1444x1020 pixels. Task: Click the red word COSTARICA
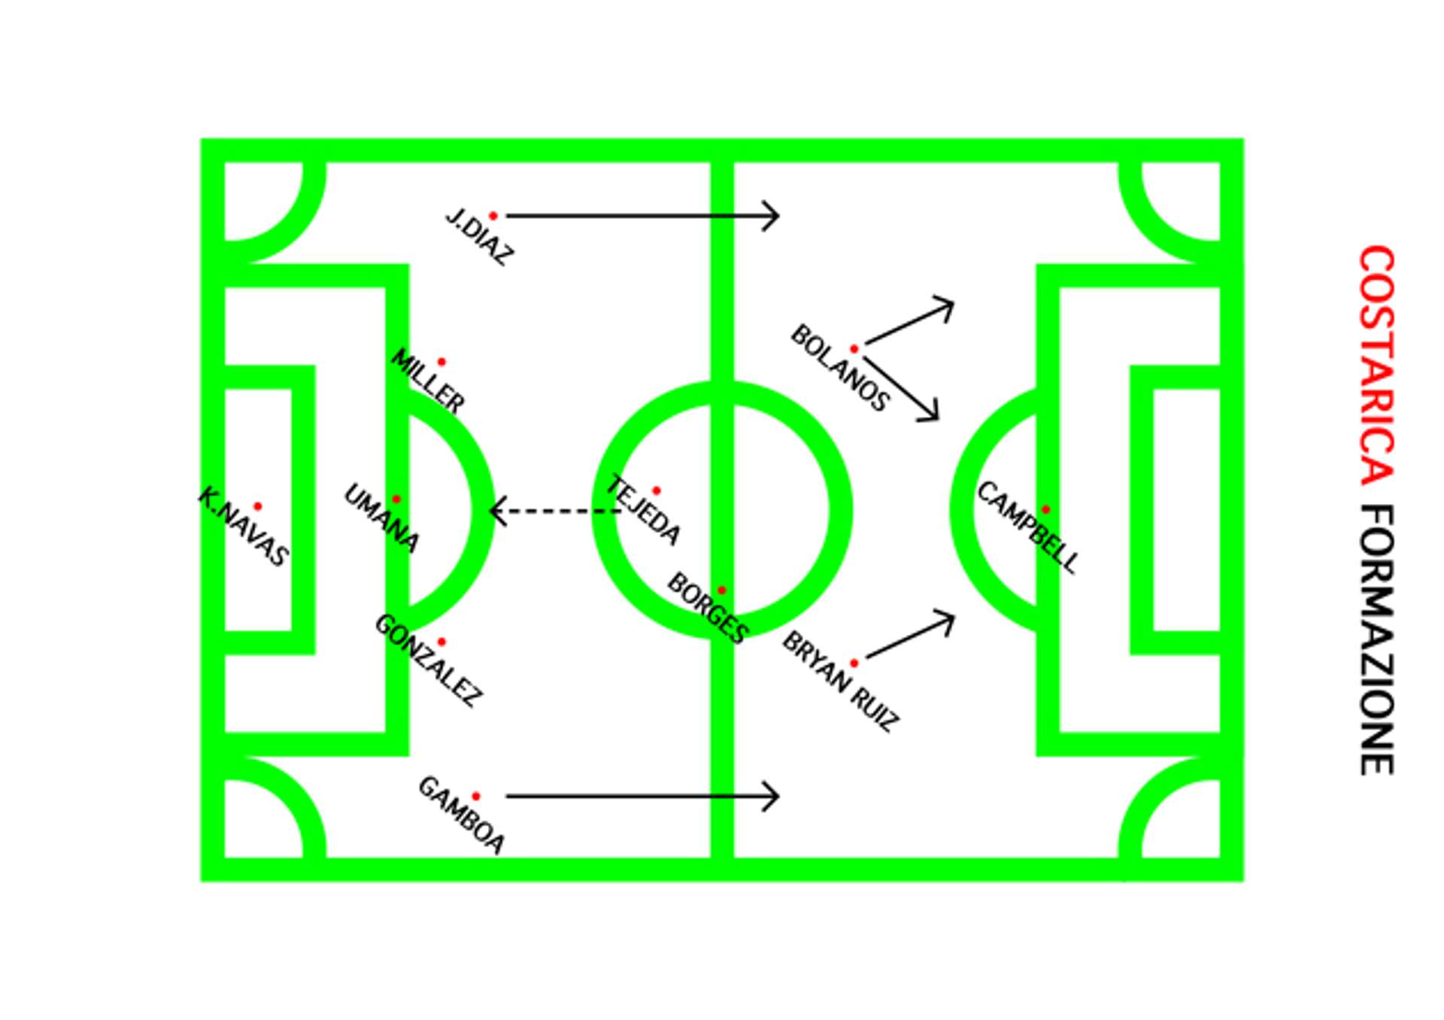[x=1377, y=366]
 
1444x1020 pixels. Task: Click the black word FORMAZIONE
[x=1377, y=640]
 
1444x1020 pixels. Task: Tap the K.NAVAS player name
[x=243, y=527]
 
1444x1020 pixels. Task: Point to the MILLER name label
[x=427, y=380]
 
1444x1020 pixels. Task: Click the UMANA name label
[x=381, y=518]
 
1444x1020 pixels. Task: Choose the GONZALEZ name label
[x=427, y=660]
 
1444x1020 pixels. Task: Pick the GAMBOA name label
[x=461, y=815]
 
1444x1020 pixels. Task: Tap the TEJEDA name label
[x=644, y=510]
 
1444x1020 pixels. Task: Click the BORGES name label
[x=706, y=607]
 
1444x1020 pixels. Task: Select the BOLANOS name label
[x=839, y=368]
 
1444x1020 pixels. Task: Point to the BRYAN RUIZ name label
[x=839, y=682]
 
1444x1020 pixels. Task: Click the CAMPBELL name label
[x=1027, y=527]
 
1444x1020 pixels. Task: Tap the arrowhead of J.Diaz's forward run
[x=775, y=216]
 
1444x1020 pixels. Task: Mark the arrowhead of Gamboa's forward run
[x=775, y=796]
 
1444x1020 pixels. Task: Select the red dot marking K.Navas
[x=258, y=506]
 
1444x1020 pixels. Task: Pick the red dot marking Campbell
[x=1045, y=509]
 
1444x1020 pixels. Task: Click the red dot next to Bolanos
[x=854, y=349]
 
